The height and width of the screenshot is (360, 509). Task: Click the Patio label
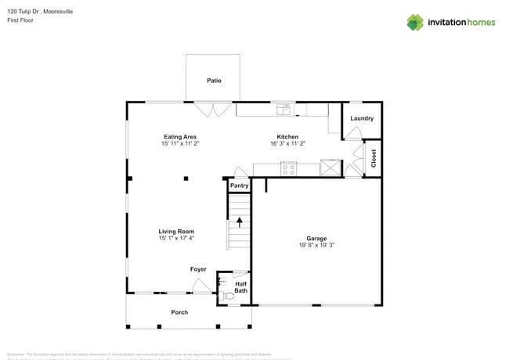pyautogui.click(x=214, y=81)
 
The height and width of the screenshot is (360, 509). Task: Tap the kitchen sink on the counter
pyautogui.click(x=283, y=109)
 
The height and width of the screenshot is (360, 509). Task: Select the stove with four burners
pyautogui.click(x=289, y=167)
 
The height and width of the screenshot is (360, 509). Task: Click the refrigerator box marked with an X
pyautogui.click(x=331, y=167)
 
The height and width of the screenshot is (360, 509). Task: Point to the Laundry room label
pyautogui.click(x=362, y=118)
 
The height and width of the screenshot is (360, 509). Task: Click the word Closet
pyautogui.click(x=374, y=159)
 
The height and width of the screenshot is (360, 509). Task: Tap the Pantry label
pyautogui.click(x=239, y=185)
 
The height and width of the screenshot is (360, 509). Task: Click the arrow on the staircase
pyautogui.click(x=239, y=222)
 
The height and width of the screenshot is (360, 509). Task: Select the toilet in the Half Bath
pyautogui.click(x=227, y=296)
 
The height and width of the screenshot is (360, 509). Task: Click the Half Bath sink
pyautogui.click(x=221, y=280)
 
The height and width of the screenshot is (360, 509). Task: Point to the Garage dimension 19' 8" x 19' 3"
pyautogui.click(x=316, y=245)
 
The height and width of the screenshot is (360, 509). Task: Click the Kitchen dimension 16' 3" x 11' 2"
pyautogui.click(x=287, y=143)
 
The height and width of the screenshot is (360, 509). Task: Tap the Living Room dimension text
pyautogui.click(x=176, y=238)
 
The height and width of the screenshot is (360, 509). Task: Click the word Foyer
pyautogui.click(x=198, y=269)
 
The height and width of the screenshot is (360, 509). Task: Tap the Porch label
pyautogui.click(x=179, y=312)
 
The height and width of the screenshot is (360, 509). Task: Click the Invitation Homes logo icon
pyautogui.click(x=415, y=22)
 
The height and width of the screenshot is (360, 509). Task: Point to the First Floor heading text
pyautogui.click(x=20, y=20)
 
